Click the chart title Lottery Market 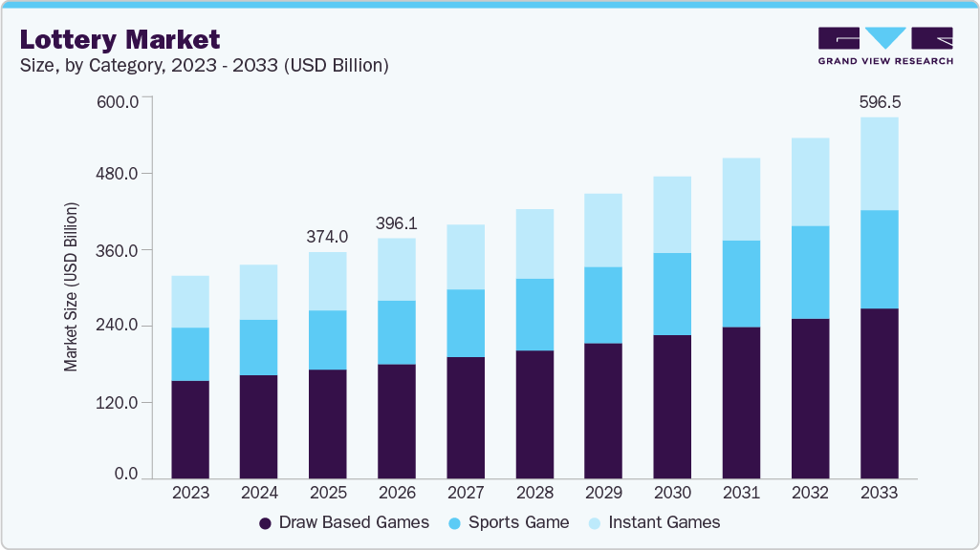120,39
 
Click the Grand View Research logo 885,45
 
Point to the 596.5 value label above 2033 879,101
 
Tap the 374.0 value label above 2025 327,237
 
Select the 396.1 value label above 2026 396,222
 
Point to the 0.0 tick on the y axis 126,475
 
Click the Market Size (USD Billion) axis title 71,286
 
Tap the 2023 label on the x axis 189,494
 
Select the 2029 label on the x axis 602,494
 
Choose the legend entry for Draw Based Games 344,522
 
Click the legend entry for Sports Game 508,522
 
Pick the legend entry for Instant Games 655,522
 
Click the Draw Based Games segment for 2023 189,429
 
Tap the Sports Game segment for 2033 879,259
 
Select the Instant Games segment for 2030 671,215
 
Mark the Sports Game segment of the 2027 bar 465,323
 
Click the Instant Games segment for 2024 258,292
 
